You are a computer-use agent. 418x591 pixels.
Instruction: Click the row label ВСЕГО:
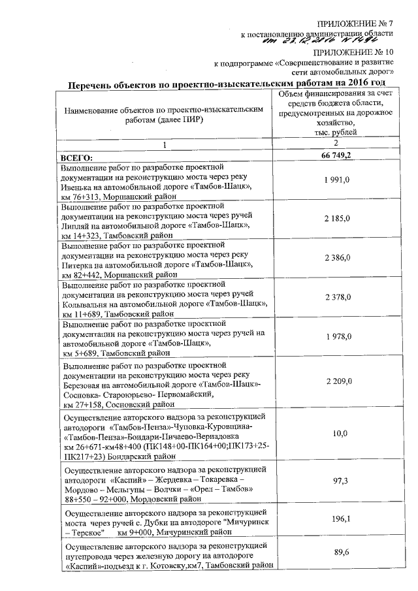coord(77,157)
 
